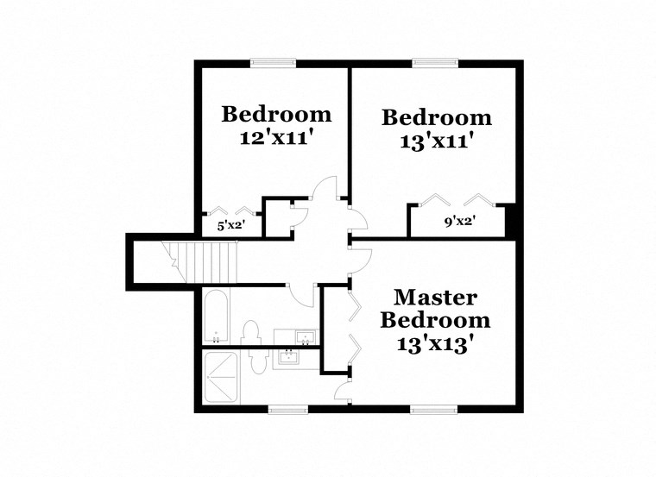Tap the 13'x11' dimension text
point(437,141)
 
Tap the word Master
point(436,298)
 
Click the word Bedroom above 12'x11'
point(276,113)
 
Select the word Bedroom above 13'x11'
point(437,117)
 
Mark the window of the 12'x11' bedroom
point(274,62)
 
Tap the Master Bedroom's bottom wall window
point(432,408)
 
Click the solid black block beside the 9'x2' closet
point(511,220)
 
